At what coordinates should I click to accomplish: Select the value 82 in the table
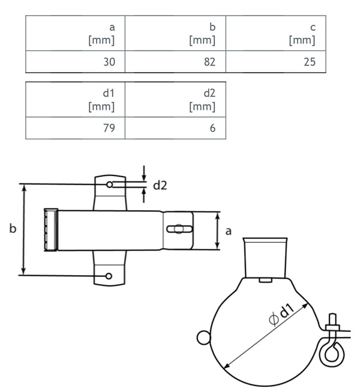[209, 62]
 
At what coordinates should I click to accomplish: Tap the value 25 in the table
[309, 62]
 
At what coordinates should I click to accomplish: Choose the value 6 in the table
[212, 128]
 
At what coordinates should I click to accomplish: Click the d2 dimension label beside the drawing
[160, 185]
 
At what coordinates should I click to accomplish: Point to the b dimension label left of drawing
[13, 228]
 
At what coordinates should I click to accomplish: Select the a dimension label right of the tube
[228, 231]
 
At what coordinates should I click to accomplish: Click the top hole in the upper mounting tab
[109, 184]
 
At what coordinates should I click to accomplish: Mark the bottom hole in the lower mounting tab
[109, 276]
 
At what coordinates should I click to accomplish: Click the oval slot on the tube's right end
[179, 229]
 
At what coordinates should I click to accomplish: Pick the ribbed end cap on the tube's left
[50, 229]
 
